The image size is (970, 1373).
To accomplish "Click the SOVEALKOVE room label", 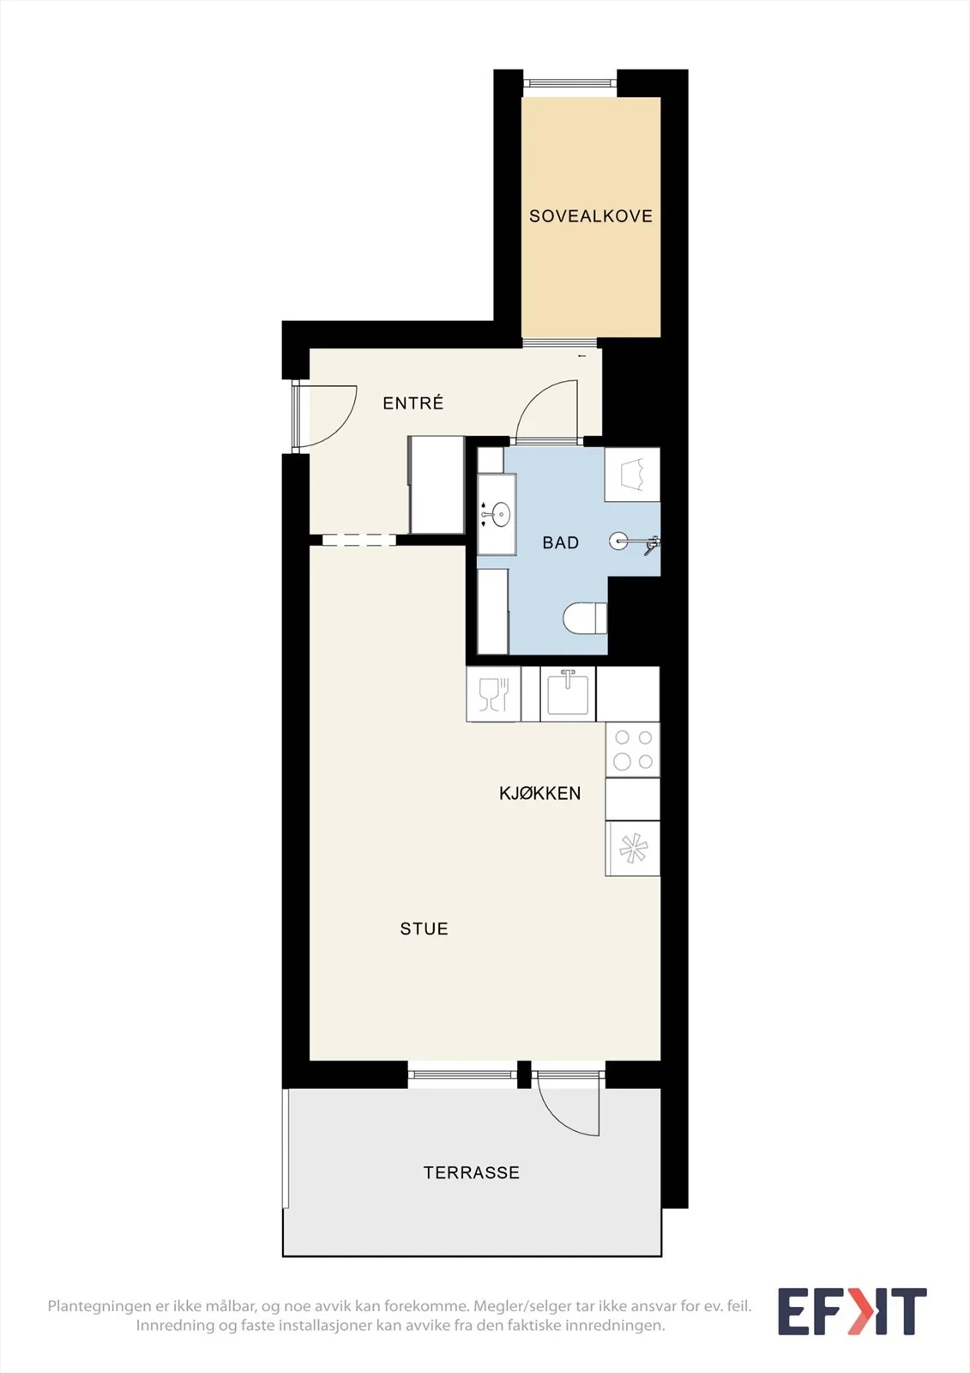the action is tap(591, 215).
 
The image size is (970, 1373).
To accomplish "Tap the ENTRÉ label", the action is tap(413, 402).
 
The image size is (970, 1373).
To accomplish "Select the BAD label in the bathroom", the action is tap(561, 542).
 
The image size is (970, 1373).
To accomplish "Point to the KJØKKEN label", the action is tap(539, 793).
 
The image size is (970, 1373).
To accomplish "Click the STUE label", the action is tap(424, 929).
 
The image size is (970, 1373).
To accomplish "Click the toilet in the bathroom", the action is tap(585, 618).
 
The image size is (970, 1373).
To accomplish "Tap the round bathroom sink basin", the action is tap(501, 514).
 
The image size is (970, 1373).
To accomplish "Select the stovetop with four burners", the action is tap(633, 750).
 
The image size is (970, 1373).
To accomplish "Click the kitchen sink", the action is tap(568, 693).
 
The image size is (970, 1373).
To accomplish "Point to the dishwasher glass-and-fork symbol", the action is tap(493, 694).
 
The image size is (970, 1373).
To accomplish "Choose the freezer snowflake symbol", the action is tap(633, 849).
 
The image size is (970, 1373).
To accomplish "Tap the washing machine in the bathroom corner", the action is tap(632, 475).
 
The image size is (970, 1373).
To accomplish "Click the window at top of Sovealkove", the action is tap(569, 84).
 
